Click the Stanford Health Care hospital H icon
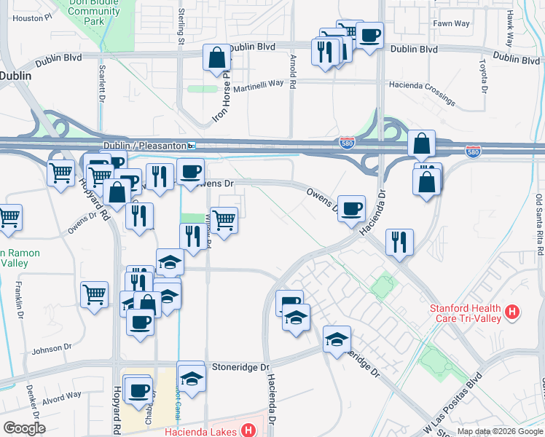[514, 312]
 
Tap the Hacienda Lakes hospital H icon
[249, 430]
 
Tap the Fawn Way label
[451, 24]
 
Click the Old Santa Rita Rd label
[539, 224]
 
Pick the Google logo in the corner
[24, 428]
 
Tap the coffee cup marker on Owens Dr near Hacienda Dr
[351, 208]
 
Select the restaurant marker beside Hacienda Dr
[399, 242]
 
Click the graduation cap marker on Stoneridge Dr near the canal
[191, 377]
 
